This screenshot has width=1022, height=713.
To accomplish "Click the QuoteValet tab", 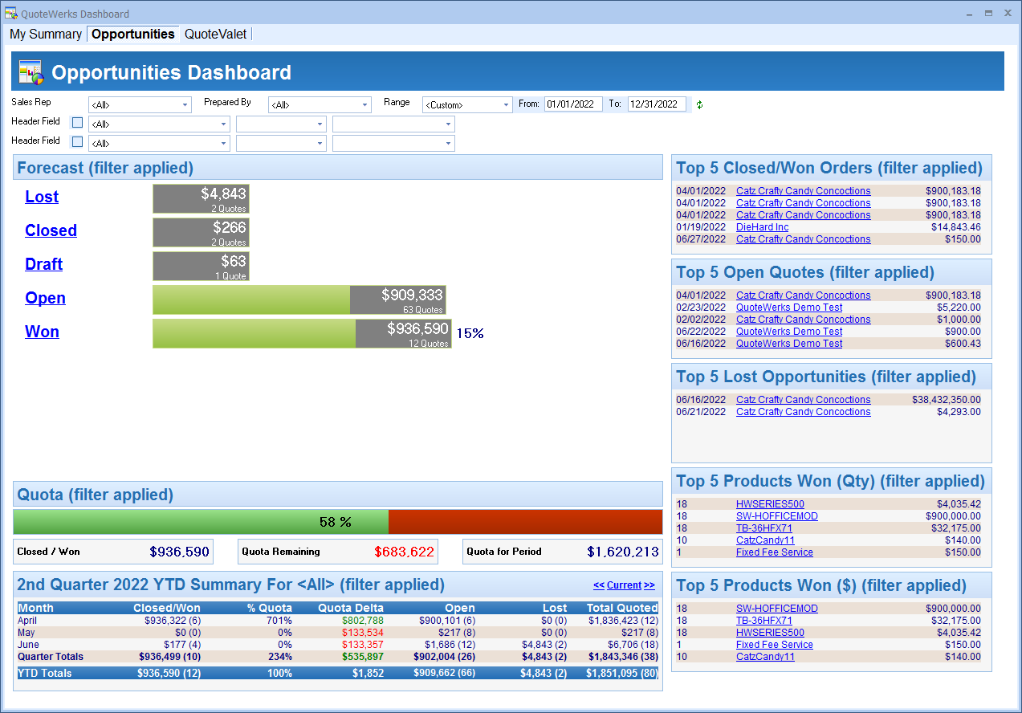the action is (215, 35).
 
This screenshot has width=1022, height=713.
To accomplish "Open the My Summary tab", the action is (46, 35).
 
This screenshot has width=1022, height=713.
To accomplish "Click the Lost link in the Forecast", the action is (42, 197).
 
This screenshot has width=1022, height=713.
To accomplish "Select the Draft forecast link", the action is (44, 264).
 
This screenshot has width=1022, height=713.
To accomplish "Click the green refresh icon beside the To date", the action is (699, 105).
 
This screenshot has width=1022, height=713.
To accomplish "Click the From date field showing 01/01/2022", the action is (573, 104).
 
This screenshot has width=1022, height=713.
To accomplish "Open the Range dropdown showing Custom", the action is (467, 105).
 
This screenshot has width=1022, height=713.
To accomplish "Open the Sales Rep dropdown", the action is (140, 105).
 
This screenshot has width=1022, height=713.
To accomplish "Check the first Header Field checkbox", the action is (78, 123).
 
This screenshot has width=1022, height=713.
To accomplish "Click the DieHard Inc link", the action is (762, 227).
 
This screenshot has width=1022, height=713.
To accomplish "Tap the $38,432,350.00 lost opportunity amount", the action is (947, 400).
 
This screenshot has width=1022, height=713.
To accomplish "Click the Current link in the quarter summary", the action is (624, 585).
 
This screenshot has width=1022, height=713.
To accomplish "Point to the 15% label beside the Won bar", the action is (470, 333).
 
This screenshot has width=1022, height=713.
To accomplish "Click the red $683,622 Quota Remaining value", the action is (404, 552).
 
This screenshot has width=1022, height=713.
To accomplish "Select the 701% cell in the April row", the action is (279, 621).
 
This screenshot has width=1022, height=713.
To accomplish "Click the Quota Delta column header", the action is (350, 608).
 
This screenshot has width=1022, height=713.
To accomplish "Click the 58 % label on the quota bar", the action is (336, 523).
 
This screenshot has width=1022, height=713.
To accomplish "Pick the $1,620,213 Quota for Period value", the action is (623, 552).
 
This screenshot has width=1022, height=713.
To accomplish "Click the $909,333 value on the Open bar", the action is (412, 295).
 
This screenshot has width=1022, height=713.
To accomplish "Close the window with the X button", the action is (1008, 13).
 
